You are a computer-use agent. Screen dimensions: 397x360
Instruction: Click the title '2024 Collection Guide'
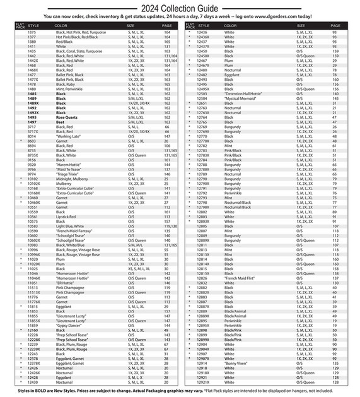180,8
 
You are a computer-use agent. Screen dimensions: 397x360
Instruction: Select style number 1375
32,32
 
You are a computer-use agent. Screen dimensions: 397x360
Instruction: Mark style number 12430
32,382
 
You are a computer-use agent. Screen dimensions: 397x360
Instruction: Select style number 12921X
204,382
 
